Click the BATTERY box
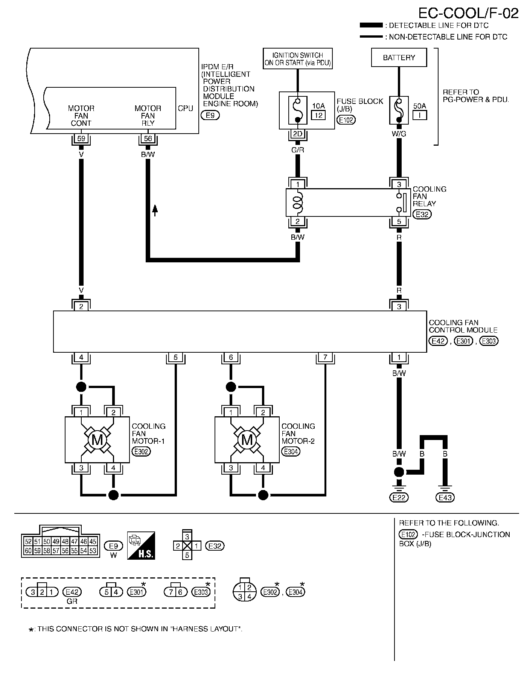coord(399,58)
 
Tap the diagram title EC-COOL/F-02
coord(468,13)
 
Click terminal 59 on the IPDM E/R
coord(81,139)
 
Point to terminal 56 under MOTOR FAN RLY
coord(148,139)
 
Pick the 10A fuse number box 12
coord(318,115)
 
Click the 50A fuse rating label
coord(420,107)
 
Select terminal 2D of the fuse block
coord(297,134)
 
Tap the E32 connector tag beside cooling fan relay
coord(422,214)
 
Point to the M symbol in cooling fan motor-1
coord(97,440)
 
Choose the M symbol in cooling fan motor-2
coord(247,440)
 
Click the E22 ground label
coord(399,498)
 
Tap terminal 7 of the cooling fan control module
coord(325,357)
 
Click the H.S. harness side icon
coord(141,545)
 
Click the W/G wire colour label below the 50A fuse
coord(399,134)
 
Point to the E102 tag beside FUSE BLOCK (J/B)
coord(346,120)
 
